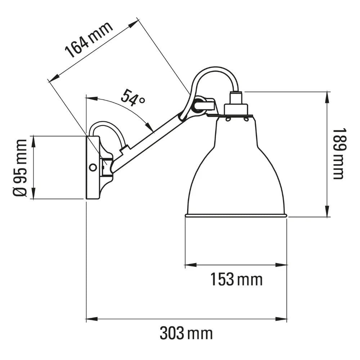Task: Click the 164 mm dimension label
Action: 89,41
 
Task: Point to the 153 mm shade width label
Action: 236,279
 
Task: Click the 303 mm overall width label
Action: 186,333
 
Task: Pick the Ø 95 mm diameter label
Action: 20,167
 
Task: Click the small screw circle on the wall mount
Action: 93,167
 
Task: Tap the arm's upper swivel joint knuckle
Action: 198,105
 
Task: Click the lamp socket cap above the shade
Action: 236,108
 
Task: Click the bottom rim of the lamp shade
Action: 236,216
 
